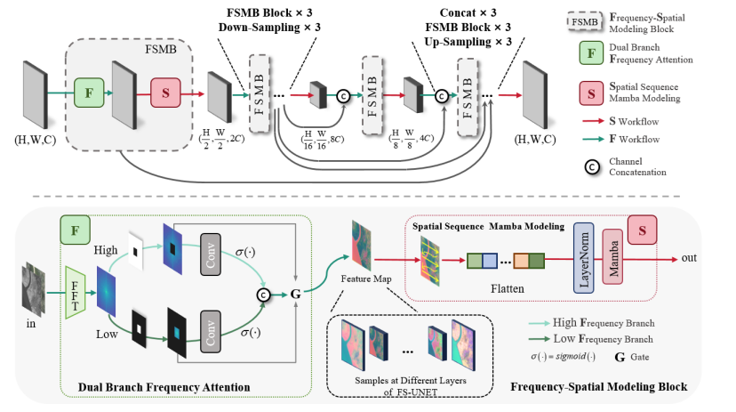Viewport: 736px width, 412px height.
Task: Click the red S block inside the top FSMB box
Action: coord(164,92)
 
